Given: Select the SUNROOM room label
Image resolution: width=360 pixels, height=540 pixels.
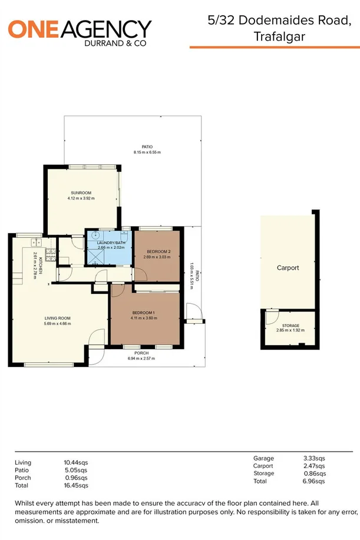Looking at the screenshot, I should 81,193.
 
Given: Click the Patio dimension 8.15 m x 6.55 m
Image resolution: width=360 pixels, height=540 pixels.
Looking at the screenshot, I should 147,153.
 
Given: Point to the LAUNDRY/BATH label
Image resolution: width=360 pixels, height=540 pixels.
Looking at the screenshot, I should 111,242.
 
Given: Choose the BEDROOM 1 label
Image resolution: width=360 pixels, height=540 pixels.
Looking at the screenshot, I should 144,312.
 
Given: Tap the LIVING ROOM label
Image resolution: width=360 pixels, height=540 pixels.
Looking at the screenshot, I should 57,317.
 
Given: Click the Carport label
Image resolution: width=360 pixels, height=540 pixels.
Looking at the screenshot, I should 288,268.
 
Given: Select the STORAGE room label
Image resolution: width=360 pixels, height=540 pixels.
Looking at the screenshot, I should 290,325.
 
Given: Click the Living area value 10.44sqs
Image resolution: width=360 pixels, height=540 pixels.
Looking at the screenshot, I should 75,463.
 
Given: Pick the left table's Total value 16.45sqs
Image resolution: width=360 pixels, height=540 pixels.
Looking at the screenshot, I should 75,486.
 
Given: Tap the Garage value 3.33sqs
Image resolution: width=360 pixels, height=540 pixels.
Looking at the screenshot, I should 313,458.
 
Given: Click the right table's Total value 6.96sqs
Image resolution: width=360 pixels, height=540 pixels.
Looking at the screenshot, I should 313,481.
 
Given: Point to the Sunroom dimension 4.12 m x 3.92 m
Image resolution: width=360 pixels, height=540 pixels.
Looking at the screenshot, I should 81,198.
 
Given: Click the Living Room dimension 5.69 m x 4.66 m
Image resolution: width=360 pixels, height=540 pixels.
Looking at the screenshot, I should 57,323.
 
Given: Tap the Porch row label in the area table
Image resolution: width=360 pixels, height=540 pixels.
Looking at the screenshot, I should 22,478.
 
